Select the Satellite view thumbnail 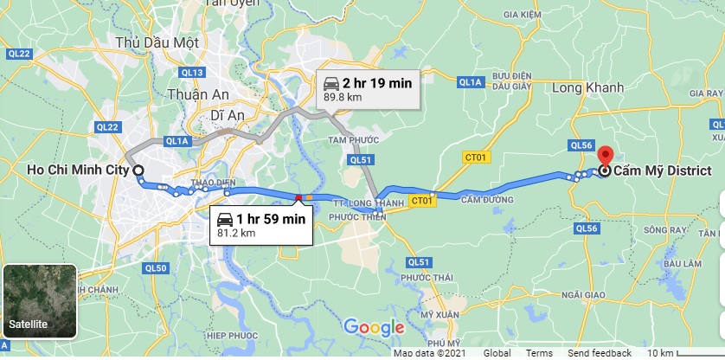tap(40, 302)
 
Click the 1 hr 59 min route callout tap(260, 223)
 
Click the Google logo tap(374, 327)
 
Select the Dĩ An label tap(230, 114)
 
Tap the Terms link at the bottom tap(539, 353)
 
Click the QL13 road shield tap(193, 72)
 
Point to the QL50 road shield tap(157, 268)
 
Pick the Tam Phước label tap(349, 139)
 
